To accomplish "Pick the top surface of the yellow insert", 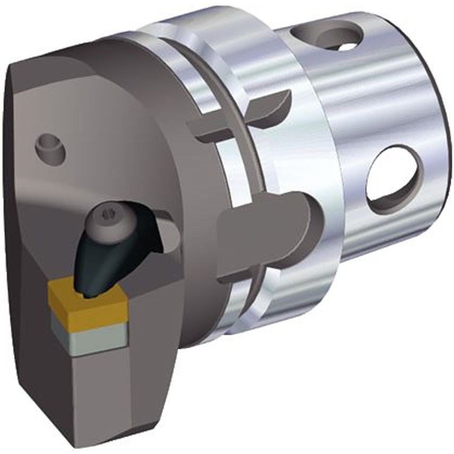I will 85,295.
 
